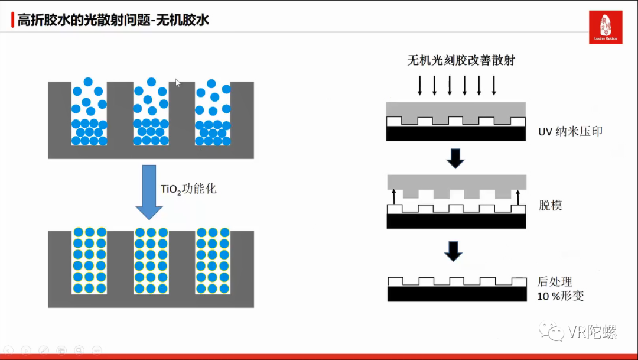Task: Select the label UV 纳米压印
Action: point(570,131)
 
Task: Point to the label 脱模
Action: point(550,206)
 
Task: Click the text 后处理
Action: point(555,281)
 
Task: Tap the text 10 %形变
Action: point(560,296)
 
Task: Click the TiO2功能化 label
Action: point(188,189)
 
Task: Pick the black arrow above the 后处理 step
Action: point(454,250)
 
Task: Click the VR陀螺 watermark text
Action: point(592,332)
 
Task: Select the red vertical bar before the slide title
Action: point(13,21)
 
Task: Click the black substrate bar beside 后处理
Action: point(457,294)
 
